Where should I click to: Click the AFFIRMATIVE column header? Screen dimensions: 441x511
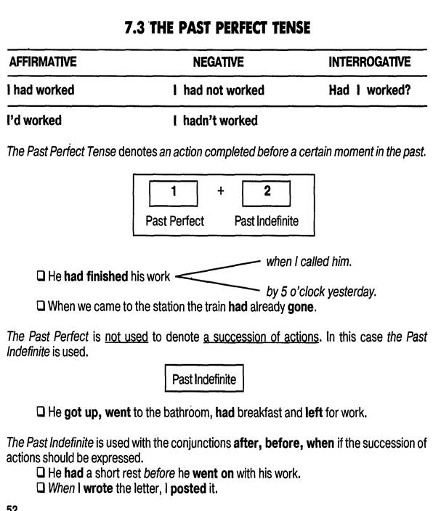pos(43,62)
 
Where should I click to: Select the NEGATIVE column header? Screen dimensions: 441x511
pos(218,62)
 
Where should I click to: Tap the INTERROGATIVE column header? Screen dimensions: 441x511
pos(369,62)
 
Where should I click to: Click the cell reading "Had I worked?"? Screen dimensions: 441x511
pos(370,90)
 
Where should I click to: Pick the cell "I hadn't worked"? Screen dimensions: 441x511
pos(215,121)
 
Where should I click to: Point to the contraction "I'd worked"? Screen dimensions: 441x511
pos(34,120)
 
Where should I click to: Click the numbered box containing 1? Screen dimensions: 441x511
pos(173,193)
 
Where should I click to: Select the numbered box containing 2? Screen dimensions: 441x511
pos(266,193)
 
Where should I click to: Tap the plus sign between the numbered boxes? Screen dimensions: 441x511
pos(221,190)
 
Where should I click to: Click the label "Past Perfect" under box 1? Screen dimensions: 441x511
pos(174,221)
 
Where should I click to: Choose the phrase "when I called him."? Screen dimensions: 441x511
pos(309,262)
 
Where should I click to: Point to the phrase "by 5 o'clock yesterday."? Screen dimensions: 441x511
pos(321,291)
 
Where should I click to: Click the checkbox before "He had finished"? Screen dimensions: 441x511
pos(41,276)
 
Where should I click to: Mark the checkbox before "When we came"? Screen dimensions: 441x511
pos(41,306)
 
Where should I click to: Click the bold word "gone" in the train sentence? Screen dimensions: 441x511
pos(301,307)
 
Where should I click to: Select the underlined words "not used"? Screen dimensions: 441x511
pos(126,337)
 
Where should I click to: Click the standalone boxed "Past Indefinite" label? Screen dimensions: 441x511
pos(204,378)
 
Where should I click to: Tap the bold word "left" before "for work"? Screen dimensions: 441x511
pos(314,413)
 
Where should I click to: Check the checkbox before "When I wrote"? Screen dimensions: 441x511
pos(41,488)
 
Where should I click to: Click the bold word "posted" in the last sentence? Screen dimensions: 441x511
pos(188,489)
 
